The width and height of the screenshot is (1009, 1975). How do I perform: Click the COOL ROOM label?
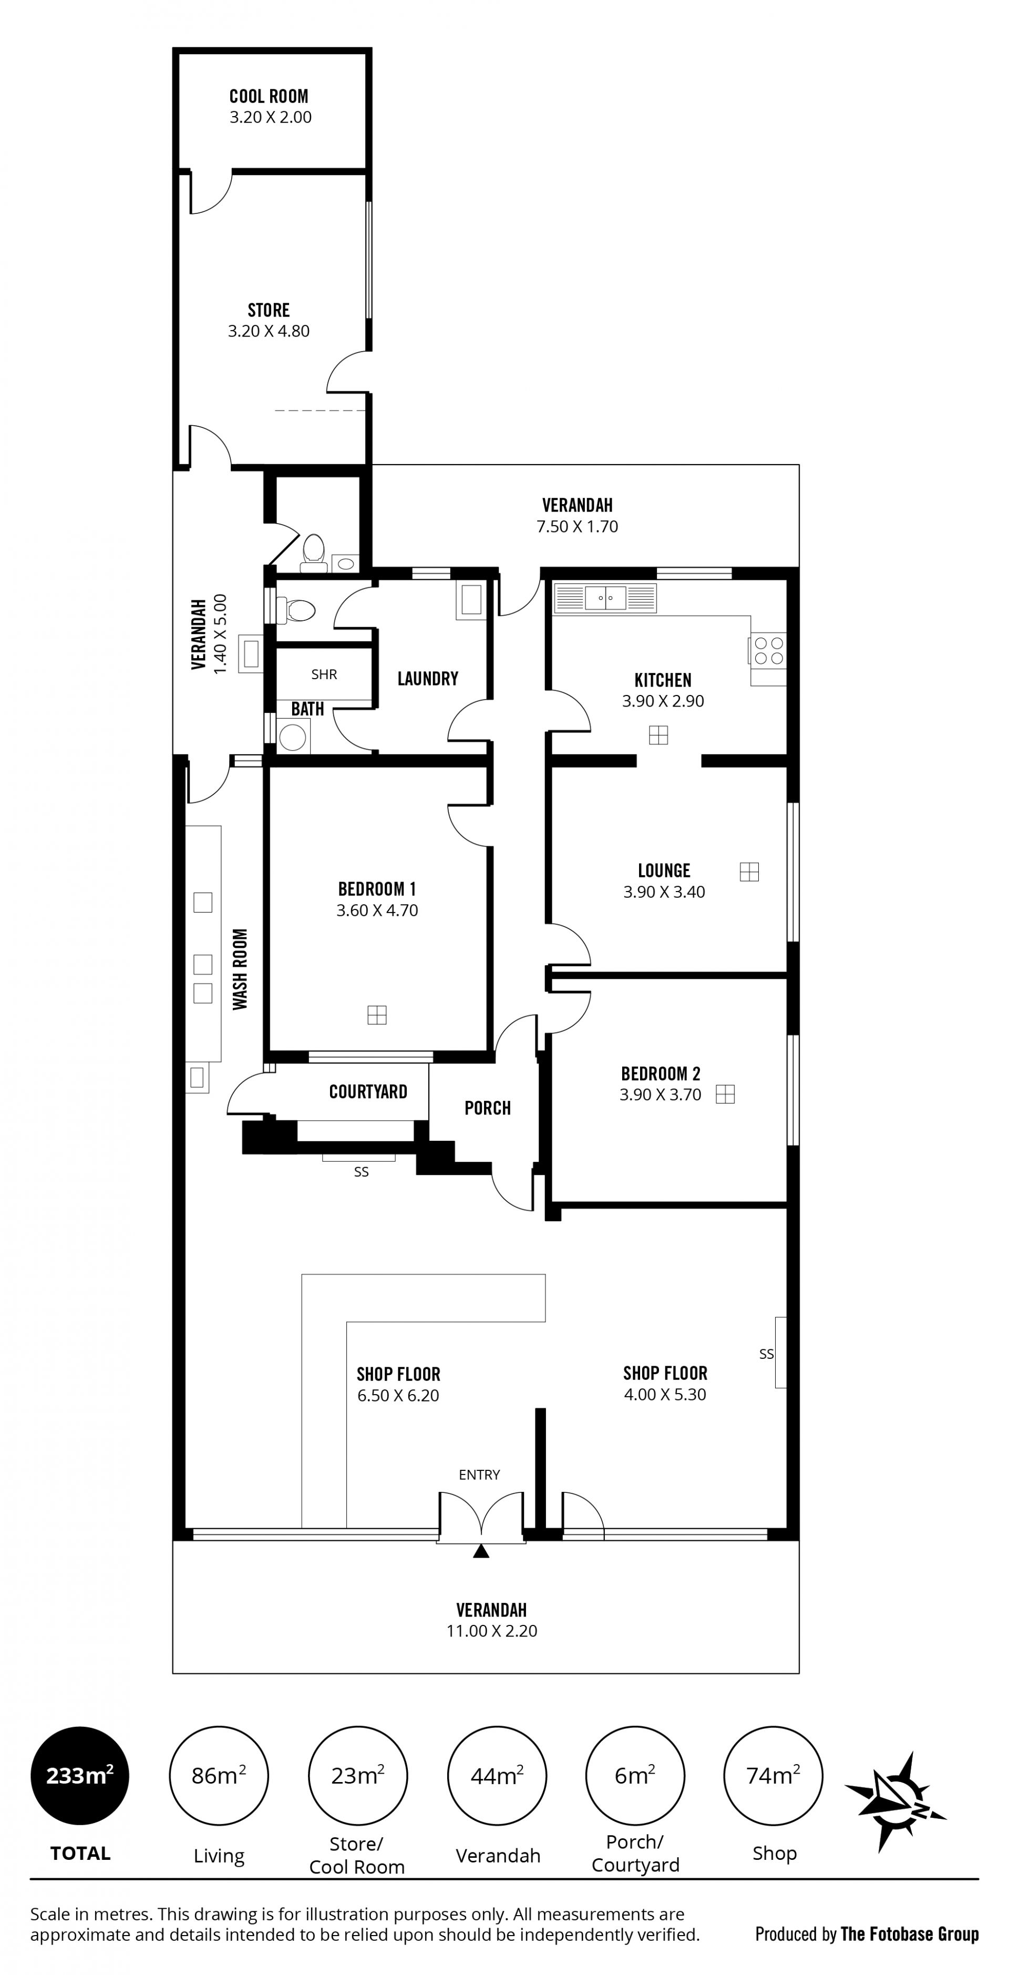[x=269, y=97]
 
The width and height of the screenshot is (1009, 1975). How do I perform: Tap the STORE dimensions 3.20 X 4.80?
[x=269, y=331]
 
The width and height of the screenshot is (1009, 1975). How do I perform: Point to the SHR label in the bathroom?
[x=324, y=674]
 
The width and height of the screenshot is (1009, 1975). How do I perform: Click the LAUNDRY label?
[x=428, y=679]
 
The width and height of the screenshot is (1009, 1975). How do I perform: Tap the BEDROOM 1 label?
[x=377, y=889]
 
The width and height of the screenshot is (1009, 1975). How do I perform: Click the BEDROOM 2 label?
[x=661, y=1073]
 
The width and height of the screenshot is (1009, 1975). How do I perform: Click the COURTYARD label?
[x=368, y=1092]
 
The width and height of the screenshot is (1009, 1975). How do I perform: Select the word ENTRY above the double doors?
[x=479, y=1475]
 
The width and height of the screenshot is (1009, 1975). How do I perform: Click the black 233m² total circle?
[x=80, y=1776]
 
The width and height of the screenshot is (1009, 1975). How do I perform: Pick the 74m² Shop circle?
[x=773, y=1776]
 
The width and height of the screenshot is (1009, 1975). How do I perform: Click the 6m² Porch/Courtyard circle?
[x=635, y=1776]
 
